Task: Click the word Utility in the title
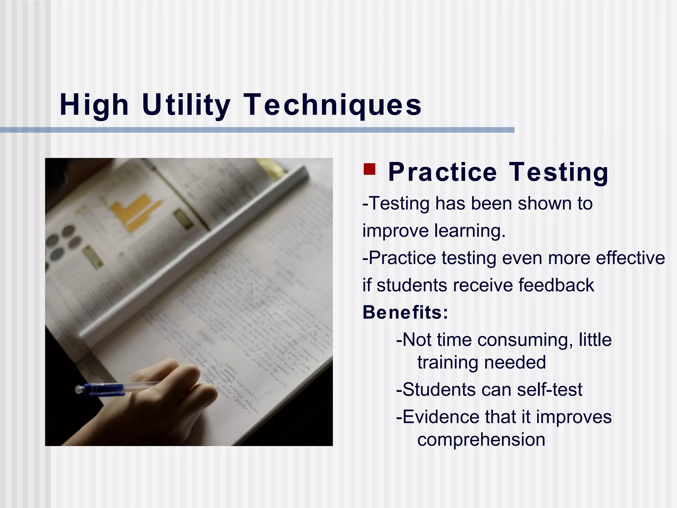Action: (186, 105)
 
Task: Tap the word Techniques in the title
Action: (333, 105)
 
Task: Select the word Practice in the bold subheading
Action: (442, 172)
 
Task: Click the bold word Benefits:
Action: (405, 312)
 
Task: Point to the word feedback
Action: (556, 285)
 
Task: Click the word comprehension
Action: (481, 440)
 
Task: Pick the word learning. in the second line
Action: (470, 231)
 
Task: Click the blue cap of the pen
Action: (99, 389)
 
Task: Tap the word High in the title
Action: (94, 105)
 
